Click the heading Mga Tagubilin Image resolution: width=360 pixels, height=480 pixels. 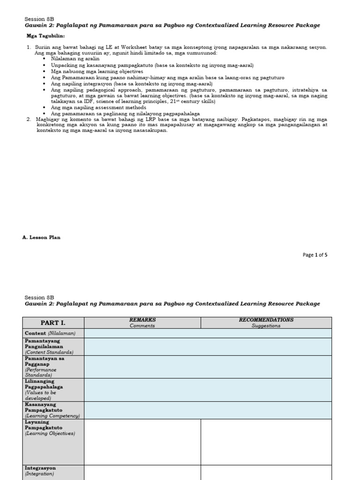click(45, 36)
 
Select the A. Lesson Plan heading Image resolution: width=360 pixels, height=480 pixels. click(41, 238)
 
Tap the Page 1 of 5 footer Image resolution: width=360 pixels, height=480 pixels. click(315, 255)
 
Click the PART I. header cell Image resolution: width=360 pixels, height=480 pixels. click(53, 323)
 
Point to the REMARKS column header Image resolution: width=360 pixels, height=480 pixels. click(142, 320)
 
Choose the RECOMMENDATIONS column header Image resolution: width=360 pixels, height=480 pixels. click(266, 320)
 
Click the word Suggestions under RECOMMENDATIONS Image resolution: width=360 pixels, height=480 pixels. click(266, 326)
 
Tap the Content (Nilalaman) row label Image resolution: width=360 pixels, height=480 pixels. click(50, 333)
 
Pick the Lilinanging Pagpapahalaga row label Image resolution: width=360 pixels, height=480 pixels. click(44, 390)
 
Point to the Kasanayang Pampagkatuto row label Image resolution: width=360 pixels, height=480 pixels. click(52, 410)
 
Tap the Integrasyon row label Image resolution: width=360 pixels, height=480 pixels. click(40, 471)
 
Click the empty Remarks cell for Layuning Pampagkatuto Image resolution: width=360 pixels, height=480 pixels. click(142, 442)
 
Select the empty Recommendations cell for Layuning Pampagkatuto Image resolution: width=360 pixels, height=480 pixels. click(266, 442)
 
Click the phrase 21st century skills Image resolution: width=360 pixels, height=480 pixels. click(194, 101)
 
